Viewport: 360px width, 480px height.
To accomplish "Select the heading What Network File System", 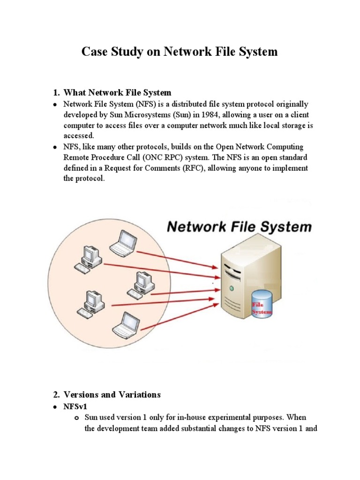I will pyautogui.click(x=117, y=92).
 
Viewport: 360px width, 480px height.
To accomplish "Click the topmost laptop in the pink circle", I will pyautogui.click(x=123, y=241).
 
